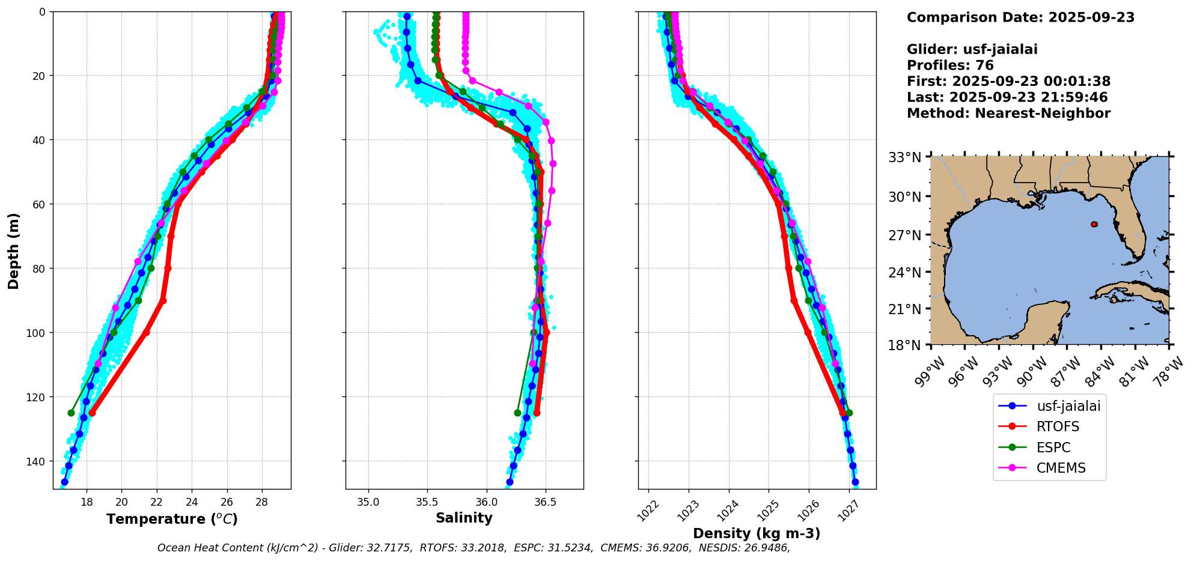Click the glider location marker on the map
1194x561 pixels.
pyautogui.click(x=1094, y=224)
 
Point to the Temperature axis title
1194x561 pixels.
pyautogui.click(x=172, y=519)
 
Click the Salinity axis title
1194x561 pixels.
pyautogui.click(x=464, y=518)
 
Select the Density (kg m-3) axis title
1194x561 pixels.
pyautogui.click(x=757, y=533)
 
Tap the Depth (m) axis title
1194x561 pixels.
pyautogui.click(x=13, y=250)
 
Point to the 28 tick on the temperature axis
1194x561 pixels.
pyautogui.click(x=262, y=502)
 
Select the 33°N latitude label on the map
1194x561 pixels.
pyautogui.click(x=905, y=157)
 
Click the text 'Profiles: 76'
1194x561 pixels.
pyautogui.click(x=950, y=65)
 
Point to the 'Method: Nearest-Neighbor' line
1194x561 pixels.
pyautogui.click(x=1008, y=114)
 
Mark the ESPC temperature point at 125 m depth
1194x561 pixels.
pyautogui.click(x=71, y=413)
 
